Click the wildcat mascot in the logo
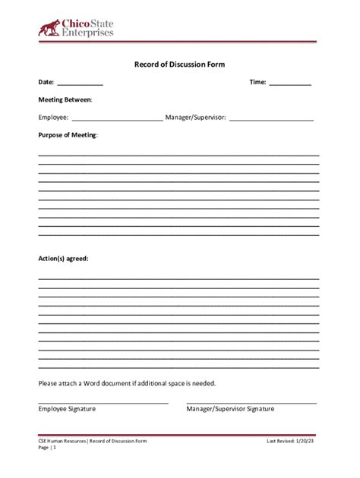pos(50,28)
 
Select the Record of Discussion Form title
pos(180,64)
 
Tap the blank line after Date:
pos(80,85)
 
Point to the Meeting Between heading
pos(65,99)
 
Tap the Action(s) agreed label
pos(64,259)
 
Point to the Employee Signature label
pos(67,409)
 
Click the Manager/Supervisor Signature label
pos(230,409)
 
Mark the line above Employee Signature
pos(103,403)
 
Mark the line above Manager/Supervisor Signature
pos(251,403)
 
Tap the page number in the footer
pos(54,448)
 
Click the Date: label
pos(46,82)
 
